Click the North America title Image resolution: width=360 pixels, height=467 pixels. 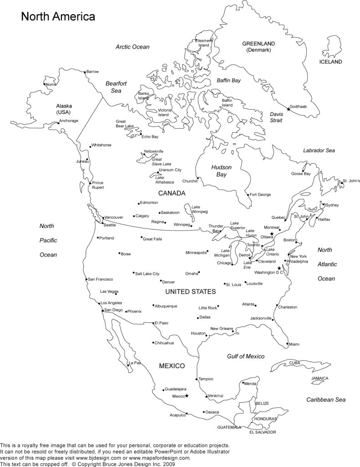(57, 17)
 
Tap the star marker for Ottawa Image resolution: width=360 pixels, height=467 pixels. (272, 233)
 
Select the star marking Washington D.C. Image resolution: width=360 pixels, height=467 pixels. (279, 268)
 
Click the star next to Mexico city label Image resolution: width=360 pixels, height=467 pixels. (186, 395)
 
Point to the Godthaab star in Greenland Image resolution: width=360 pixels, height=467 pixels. (288, 109)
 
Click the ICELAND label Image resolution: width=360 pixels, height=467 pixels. (330, 62)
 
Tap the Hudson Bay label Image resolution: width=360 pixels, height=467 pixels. (221, 171)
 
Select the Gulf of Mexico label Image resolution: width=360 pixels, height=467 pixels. (246, 356)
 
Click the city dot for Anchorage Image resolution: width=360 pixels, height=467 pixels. (58, 122)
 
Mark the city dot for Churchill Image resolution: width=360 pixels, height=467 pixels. (197, 177)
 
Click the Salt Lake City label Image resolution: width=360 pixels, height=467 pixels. (147, 274)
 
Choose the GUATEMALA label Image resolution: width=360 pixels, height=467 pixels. (229, 427)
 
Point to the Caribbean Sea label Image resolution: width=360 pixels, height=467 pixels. (326, 400)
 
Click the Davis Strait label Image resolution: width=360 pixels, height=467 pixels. (276, 117)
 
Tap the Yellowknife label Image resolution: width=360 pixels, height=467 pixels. (154, 151)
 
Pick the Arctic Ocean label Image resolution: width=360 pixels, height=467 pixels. (133, 47)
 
